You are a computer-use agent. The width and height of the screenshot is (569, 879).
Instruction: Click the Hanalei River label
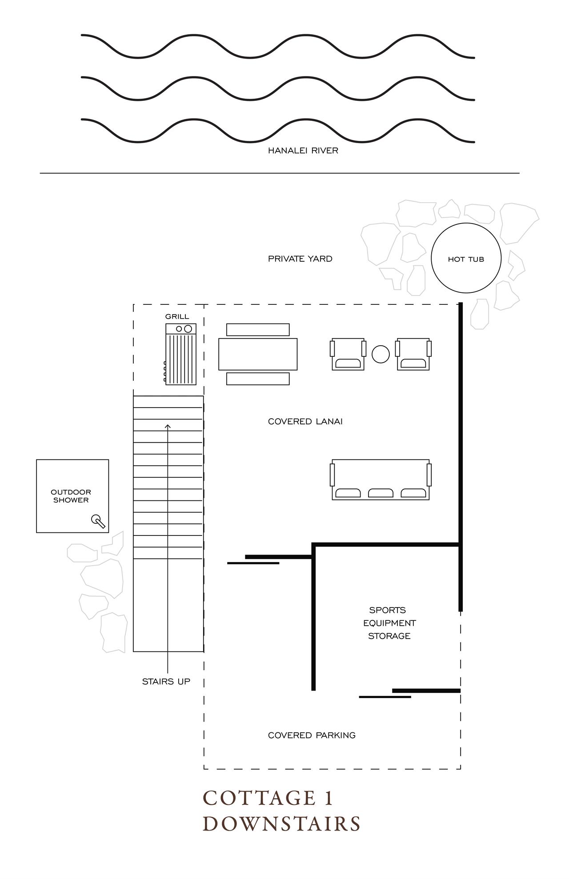point(303,151)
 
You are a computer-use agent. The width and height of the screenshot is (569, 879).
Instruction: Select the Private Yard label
point(300,259)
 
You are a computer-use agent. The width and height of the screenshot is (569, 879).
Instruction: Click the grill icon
point(180,354)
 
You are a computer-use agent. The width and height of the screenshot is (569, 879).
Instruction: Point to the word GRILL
point(177,316)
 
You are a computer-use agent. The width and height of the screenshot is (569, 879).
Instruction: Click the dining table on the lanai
point(257,354)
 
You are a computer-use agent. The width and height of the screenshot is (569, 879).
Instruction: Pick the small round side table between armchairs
point(381,354)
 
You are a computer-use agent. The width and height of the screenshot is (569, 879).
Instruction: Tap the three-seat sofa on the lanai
point(381,480)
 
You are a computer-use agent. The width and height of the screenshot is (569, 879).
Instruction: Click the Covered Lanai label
point(305,422)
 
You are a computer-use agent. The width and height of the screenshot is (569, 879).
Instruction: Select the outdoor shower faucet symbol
point(98,521)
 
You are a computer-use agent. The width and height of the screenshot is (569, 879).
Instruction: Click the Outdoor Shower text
point(71,496)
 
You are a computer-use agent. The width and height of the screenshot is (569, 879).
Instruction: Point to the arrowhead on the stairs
point(168,427)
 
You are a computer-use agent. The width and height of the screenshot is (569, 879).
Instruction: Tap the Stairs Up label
point(166,681)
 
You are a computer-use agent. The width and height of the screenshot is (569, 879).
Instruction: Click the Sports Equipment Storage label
point(389,623)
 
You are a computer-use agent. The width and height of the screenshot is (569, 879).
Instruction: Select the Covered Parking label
point(311,735)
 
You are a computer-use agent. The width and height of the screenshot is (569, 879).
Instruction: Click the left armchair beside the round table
point(348,354)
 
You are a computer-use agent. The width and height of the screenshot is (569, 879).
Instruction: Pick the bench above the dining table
point(257,330)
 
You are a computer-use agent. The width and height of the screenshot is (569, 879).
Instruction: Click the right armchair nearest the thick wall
point(413,354)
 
